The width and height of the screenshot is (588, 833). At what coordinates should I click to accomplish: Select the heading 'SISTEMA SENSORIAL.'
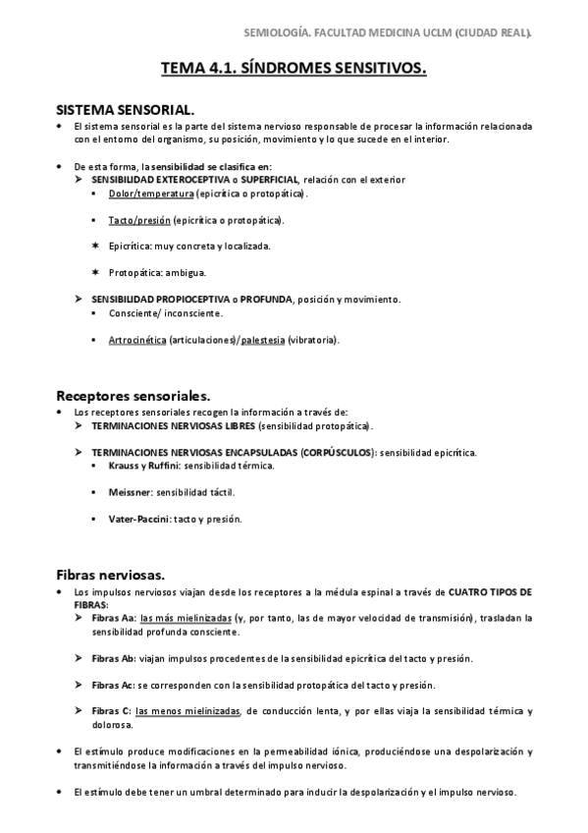[125, 109]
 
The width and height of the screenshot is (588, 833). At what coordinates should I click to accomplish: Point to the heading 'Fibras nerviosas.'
[110, 573]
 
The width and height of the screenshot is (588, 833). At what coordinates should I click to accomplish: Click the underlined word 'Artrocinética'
[137, 340]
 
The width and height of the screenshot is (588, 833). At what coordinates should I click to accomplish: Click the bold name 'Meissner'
[131, 491]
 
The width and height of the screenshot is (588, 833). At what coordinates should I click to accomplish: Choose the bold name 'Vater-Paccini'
[140, 518]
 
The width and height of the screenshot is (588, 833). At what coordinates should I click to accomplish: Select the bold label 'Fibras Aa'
[113, 618]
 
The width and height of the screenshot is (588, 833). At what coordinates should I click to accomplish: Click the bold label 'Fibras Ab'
[113, 657]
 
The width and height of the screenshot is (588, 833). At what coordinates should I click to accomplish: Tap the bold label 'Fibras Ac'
[113, 684]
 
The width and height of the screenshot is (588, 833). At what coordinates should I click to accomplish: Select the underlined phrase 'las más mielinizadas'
[186, 618]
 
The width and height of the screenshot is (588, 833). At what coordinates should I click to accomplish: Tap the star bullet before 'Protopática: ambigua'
[94, 272]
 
